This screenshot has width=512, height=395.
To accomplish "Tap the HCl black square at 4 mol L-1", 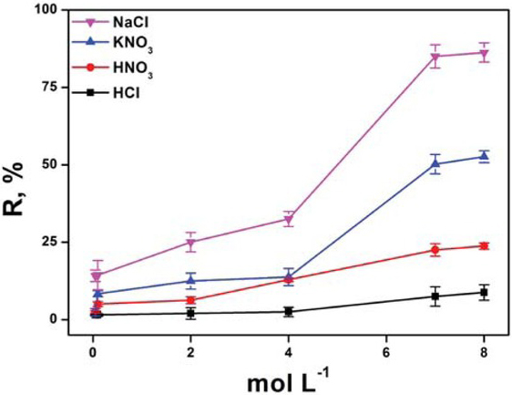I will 289,311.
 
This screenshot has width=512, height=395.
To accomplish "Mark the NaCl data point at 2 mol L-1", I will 190,242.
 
